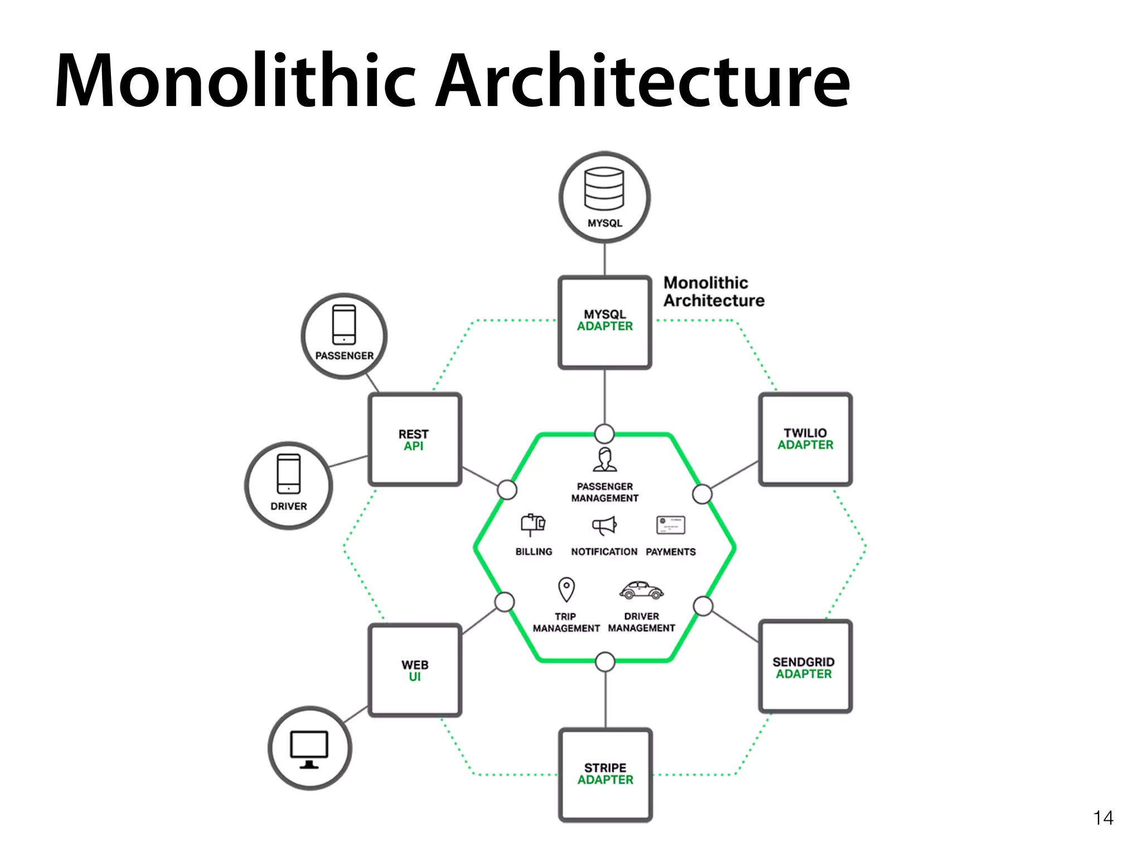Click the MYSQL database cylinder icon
[604, 189]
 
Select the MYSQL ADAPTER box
[605, 322]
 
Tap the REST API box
[414, 440]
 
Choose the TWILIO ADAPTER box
[805, 439]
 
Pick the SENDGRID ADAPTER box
[805, 667]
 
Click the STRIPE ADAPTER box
[606, 774]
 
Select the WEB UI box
[415, 670]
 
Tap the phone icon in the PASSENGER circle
[344, 325]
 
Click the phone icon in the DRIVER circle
[288, 474]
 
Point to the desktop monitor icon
[309, 749]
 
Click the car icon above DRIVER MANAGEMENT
[641, 590]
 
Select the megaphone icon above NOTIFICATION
[604, 526]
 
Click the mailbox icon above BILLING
[533, 524]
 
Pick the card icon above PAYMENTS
[671, 525]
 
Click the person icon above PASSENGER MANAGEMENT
[605, 460]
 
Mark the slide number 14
[1103, 818]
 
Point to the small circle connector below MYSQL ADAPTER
[604, 434]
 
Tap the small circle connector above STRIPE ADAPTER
[605, 662]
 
